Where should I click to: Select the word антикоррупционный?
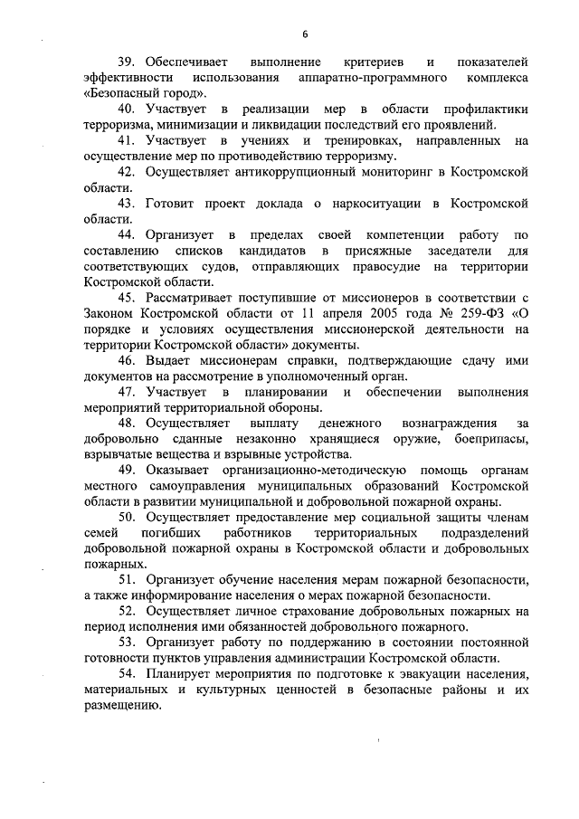274,172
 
